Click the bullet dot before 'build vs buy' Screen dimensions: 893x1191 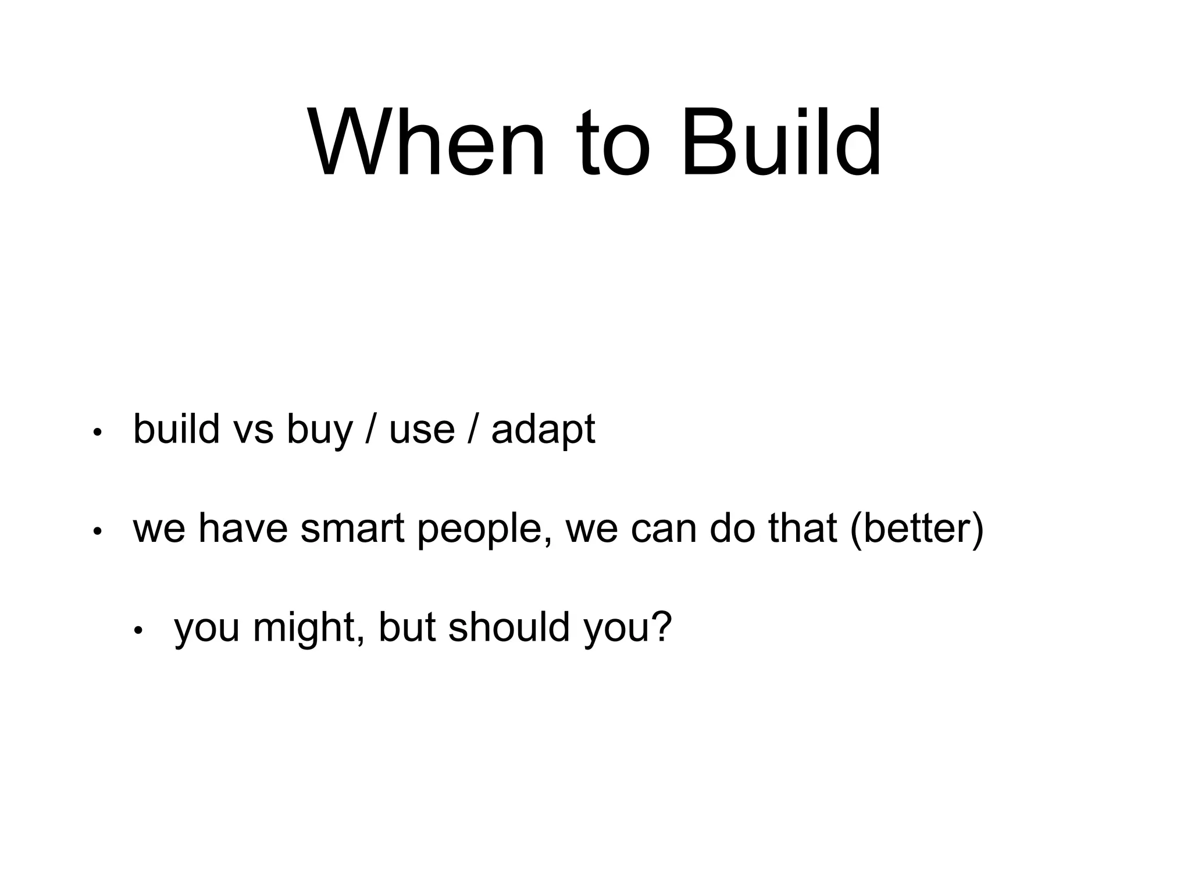click(x=97, y=433)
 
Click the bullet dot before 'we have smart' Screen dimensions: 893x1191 click(x=97, y=531)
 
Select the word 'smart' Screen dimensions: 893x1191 click(x=352, y=529)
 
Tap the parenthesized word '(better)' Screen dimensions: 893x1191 click(x=917, y=529)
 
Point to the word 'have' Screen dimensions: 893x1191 click(x=243, y=529)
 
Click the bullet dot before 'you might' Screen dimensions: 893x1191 click(x=138, y=630)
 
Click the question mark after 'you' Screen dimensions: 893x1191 click(x=662, y=627)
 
